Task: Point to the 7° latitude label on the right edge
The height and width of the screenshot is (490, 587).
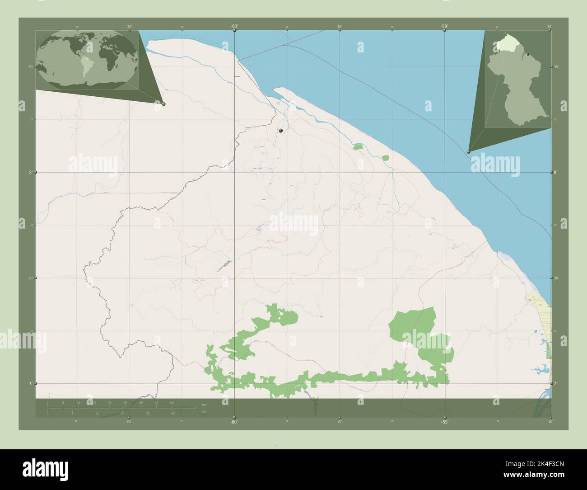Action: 556,383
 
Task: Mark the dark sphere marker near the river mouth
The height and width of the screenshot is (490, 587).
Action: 281,131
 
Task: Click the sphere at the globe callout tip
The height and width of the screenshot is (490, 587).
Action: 163,104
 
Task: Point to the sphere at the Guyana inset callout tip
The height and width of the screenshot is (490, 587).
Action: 469,152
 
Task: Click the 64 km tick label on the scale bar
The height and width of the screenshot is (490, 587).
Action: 172,402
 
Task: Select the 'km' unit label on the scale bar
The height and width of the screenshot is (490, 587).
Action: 204,404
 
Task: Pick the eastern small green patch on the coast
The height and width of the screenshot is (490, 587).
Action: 385,158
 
